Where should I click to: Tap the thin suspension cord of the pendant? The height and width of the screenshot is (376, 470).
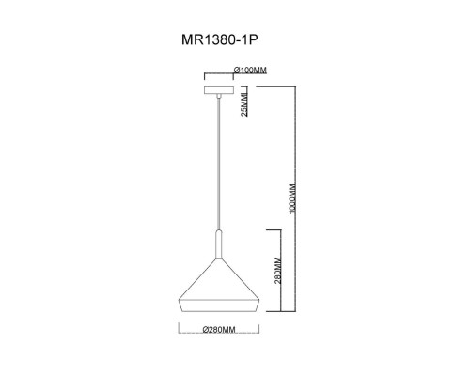pos(218,160)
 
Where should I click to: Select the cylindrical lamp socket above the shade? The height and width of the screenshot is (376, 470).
pos(218,243)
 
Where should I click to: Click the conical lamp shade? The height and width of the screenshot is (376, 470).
pos(218,282)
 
